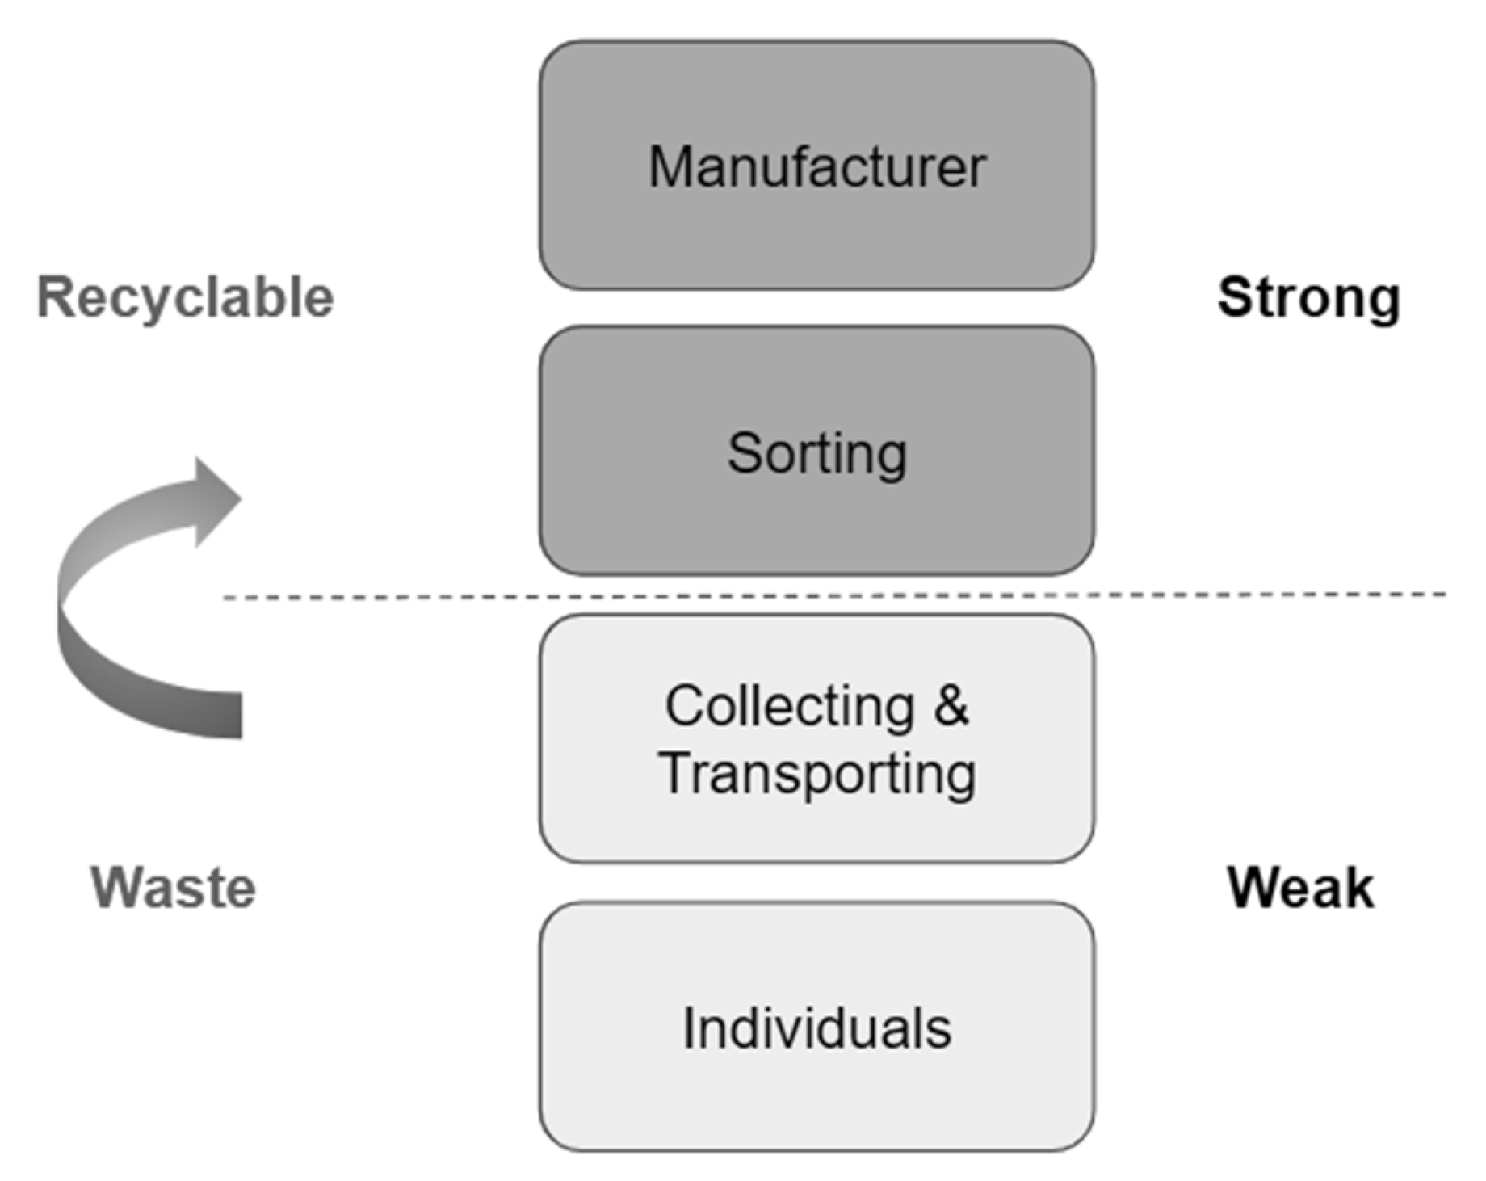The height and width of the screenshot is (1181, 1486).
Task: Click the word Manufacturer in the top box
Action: (816, 167)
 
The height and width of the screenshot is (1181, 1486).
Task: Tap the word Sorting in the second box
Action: (816, 453)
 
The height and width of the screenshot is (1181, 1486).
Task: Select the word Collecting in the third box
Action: (789, 706)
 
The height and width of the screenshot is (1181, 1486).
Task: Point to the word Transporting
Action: (816, 774)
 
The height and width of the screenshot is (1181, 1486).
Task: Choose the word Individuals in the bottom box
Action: (816, 1028)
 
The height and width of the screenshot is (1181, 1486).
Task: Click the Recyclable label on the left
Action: (186, 298)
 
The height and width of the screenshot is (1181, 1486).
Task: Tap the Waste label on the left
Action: (173, 888)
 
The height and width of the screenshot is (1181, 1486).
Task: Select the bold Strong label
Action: (1308, 298)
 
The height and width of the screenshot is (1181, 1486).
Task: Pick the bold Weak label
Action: (1300, 888)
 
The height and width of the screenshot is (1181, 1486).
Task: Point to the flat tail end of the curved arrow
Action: (234, 715)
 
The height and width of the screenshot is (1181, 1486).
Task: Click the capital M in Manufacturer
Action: (670, 167)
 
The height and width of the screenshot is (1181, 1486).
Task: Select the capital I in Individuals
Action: (688, 1028)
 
